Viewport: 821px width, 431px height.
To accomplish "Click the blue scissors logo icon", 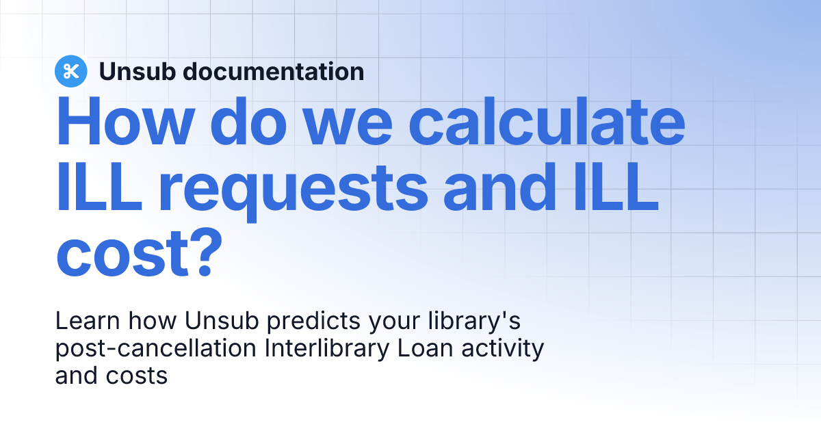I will (x=70, y=71).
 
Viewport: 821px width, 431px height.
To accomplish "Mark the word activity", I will (x=501, y=348).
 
